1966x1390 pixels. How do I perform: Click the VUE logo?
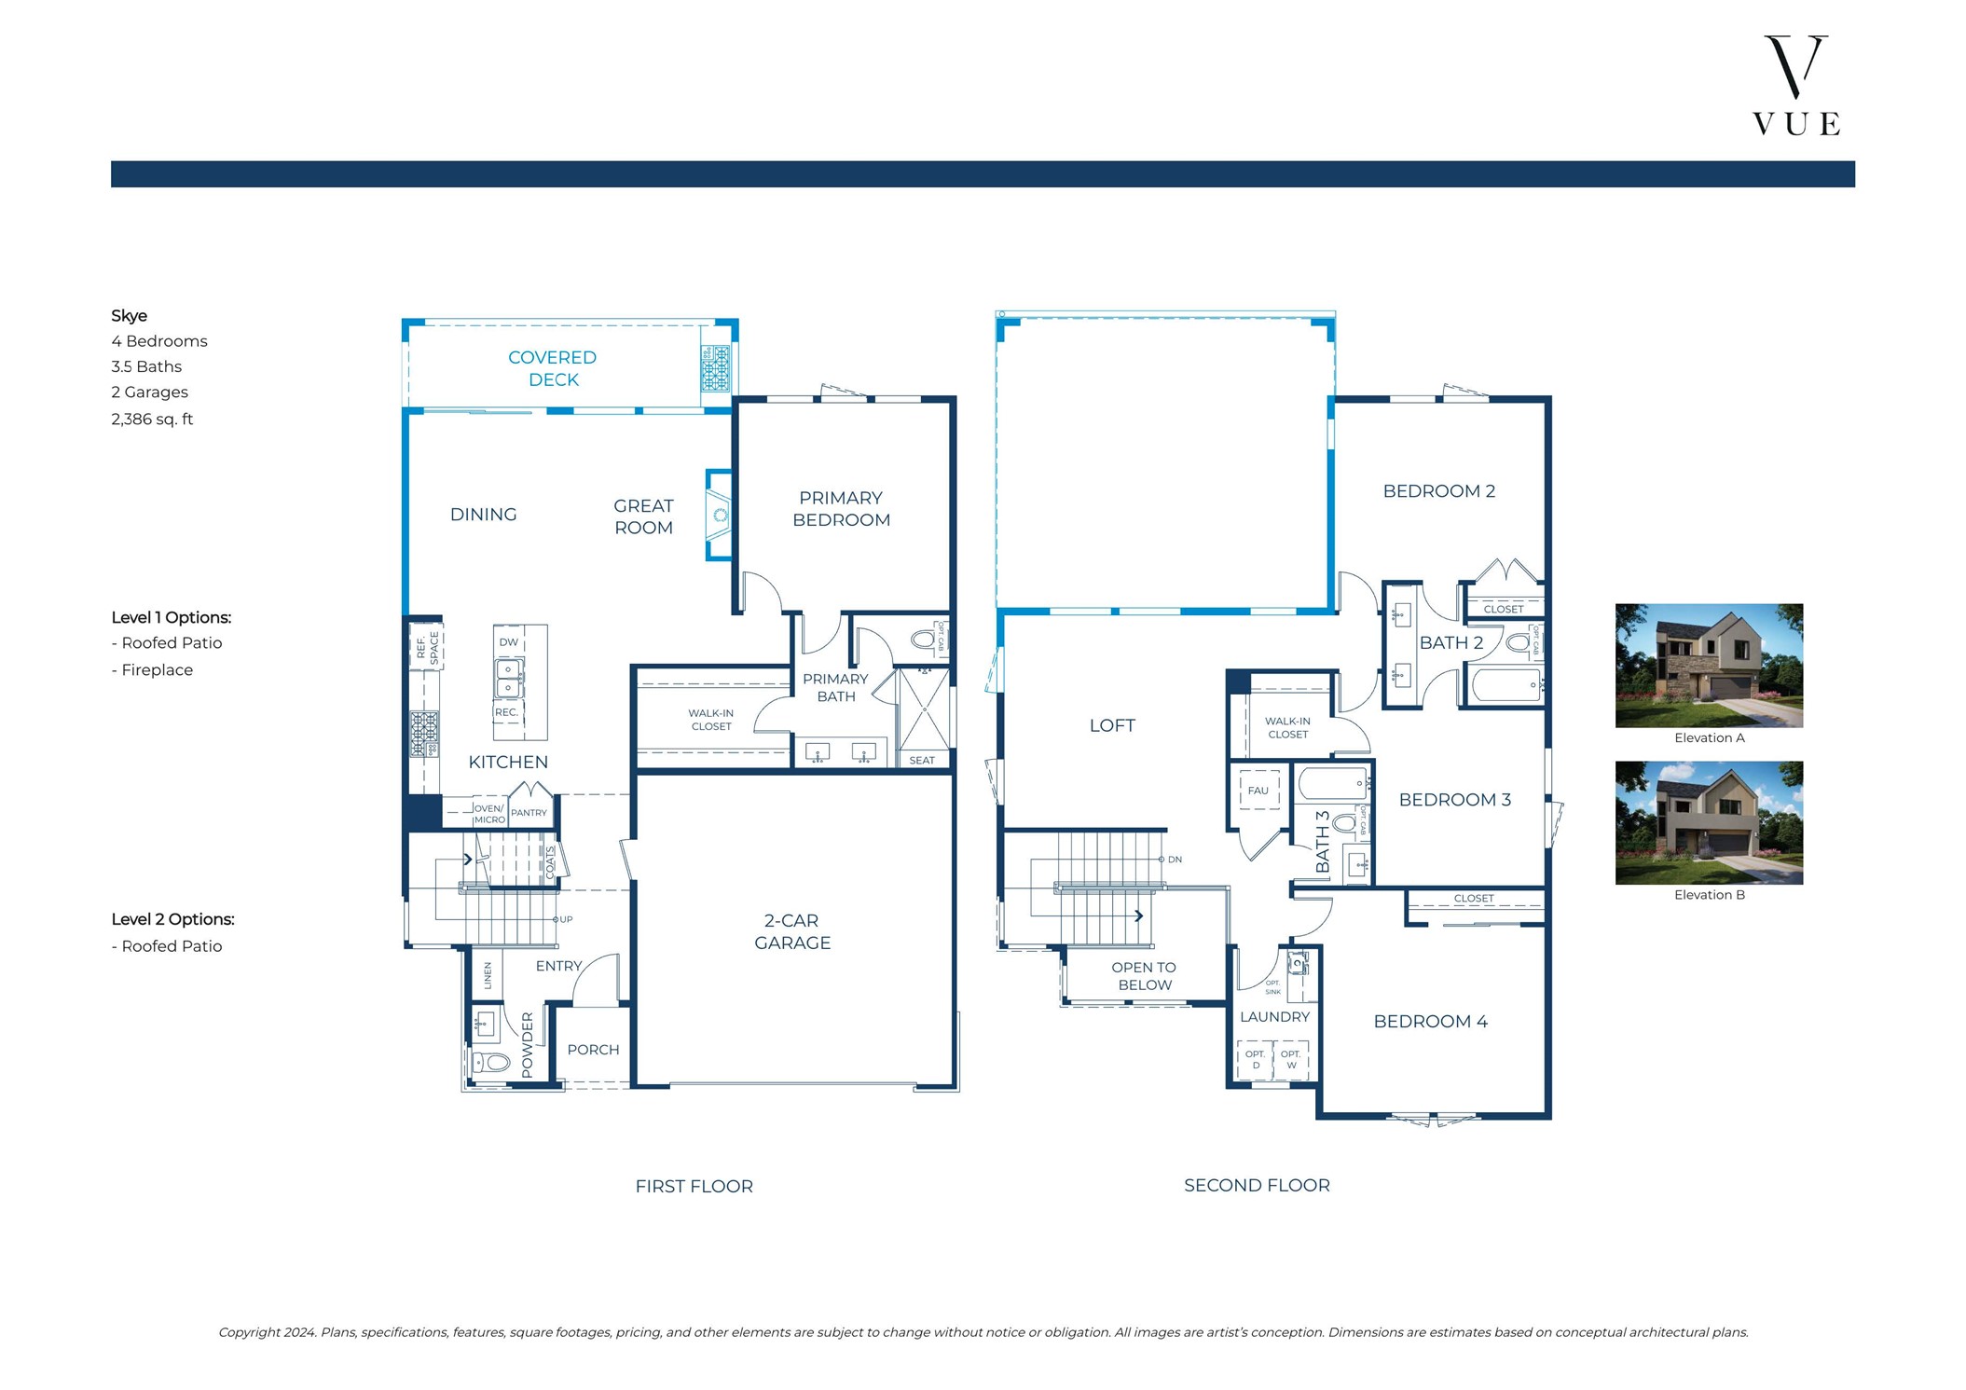pos(1795,86)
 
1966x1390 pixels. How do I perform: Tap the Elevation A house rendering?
pos(1708,665)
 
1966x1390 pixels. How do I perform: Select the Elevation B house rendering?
pos(1708,822)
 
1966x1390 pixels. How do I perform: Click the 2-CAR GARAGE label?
pos(791,931)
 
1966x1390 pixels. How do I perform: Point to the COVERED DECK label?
pos(553,368)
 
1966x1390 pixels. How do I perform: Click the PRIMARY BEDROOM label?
pos(841,509)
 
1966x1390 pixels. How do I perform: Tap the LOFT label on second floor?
pos(1111,725)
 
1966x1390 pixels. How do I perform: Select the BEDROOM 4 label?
pos(1430,1021)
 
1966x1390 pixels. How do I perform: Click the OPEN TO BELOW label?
pos(1144,976)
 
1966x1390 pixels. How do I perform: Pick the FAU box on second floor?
pos(1258,791)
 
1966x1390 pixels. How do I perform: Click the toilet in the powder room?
pos(492,1062)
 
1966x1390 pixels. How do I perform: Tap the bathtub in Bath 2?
pos(1505,685)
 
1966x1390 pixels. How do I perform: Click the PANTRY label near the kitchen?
pos(529,813)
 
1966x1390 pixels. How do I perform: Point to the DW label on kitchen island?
pos(508,642)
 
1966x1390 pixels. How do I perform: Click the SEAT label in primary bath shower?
pos(921,761)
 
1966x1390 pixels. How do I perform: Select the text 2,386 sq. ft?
pos(152,420)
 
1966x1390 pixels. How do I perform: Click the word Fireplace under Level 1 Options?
pos(157,670)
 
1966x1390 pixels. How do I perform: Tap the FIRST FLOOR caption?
pos(694,1186)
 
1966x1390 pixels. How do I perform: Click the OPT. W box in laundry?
pos(1291,1059)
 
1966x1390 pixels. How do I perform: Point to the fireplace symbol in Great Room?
pos(720,515)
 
